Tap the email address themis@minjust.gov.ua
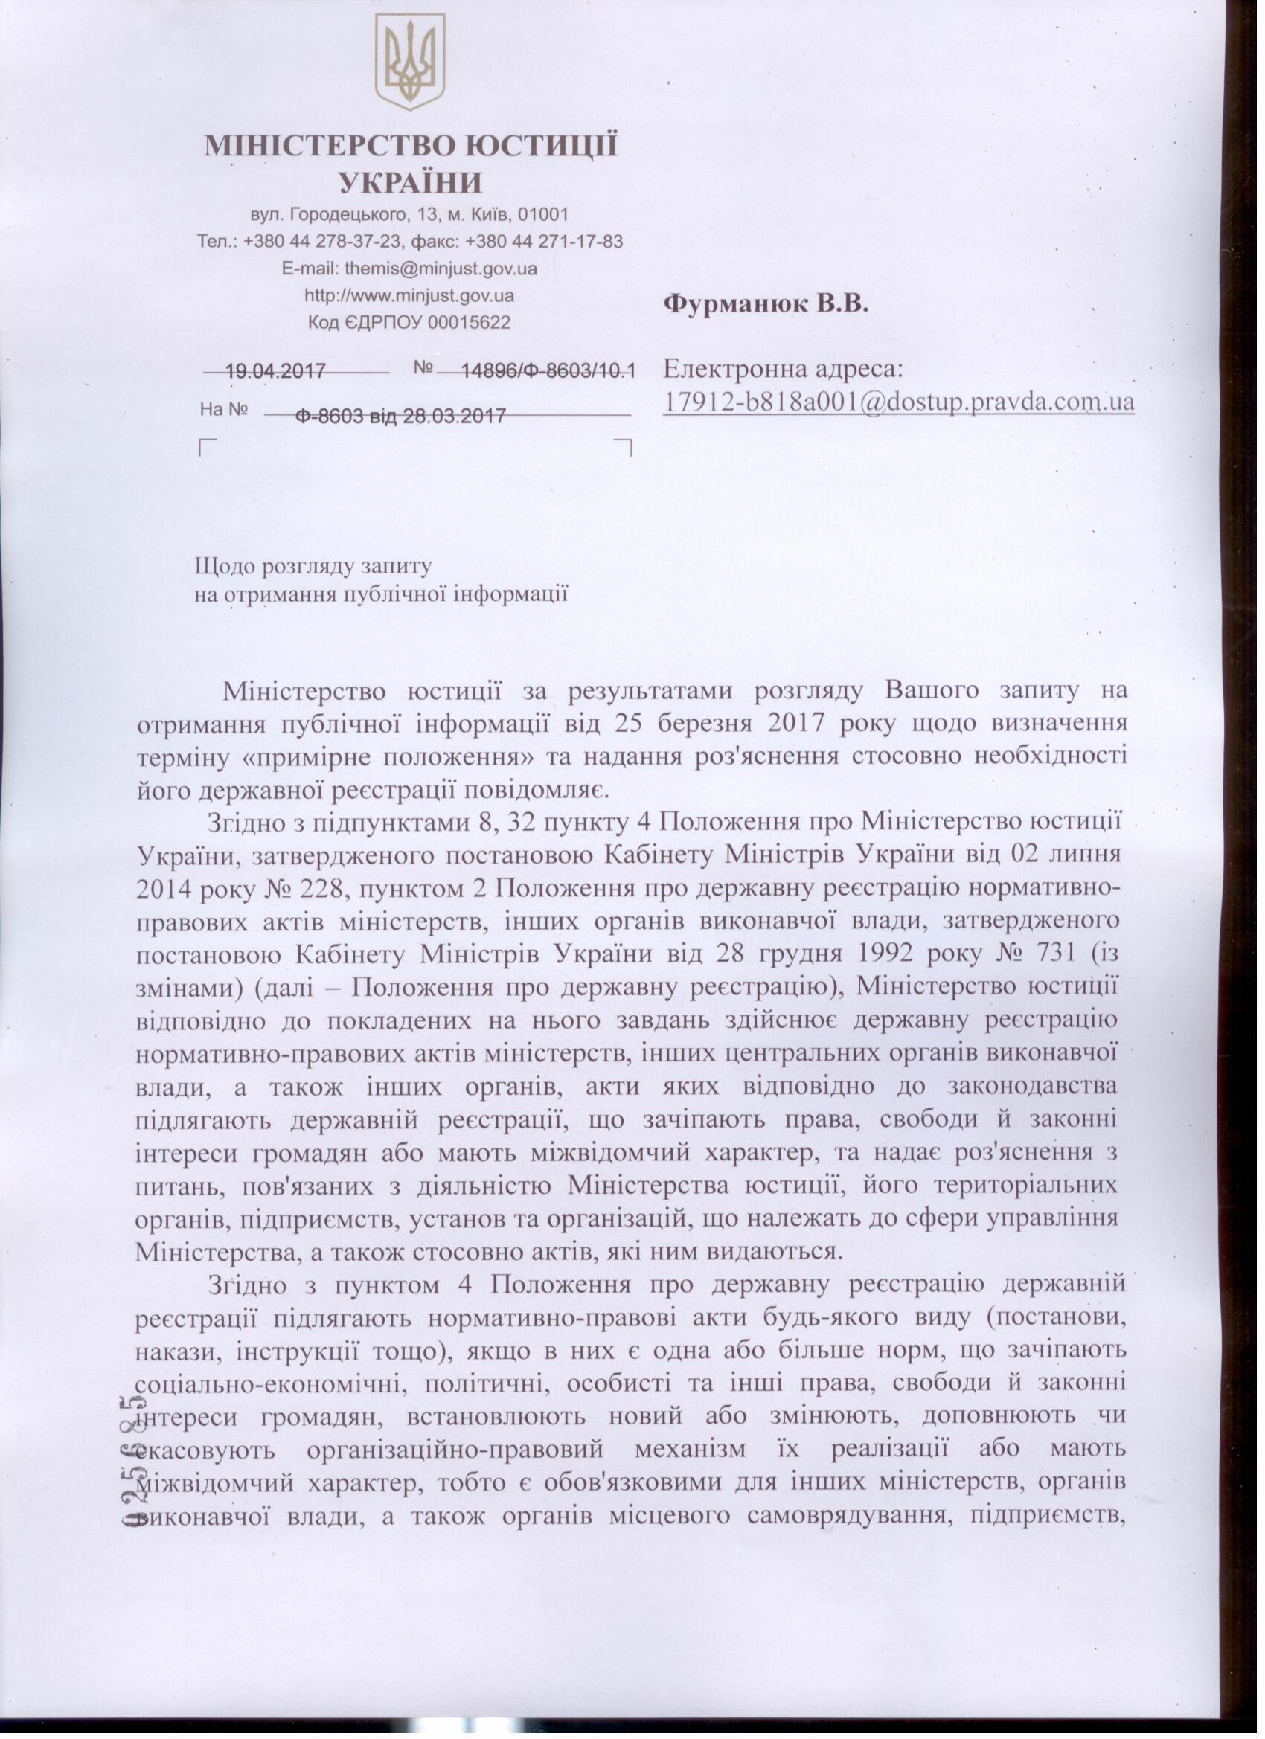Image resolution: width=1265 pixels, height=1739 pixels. point(441,269)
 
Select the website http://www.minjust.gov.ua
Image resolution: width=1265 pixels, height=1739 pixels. point(410,295)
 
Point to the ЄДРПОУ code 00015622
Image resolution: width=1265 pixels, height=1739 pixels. point(469,323)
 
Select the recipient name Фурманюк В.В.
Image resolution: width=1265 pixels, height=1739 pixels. point(766,304)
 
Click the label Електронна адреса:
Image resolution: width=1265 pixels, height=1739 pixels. point(784,370)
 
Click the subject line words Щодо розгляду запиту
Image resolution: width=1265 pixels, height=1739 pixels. point(314,568)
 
